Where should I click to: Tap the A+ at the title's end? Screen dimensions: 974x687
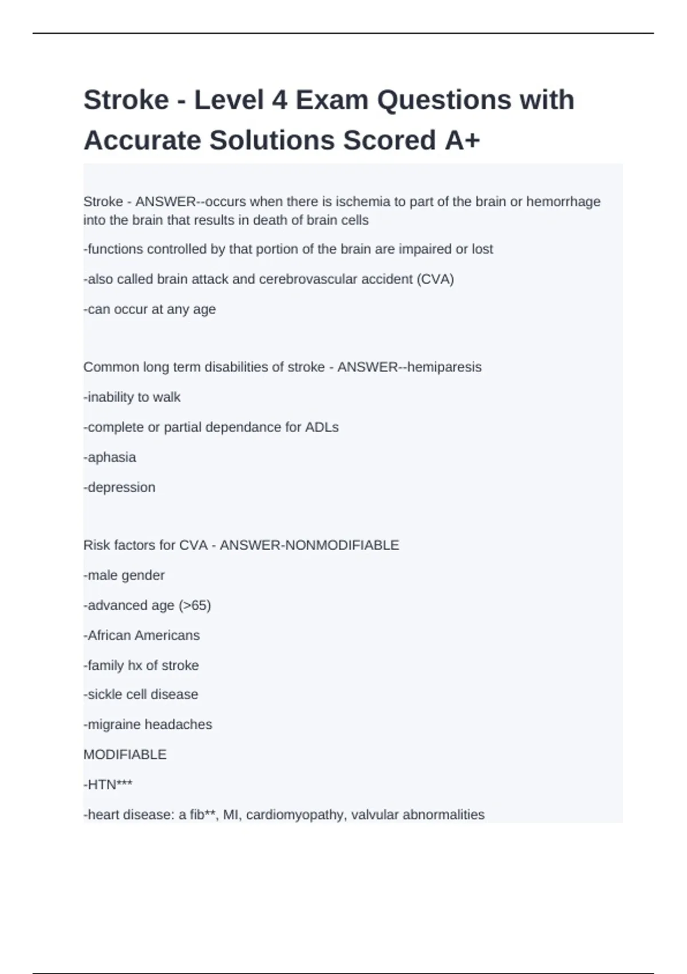(461, 141)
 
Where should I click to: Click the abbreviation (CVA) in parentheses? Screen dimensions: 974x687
(435, 280)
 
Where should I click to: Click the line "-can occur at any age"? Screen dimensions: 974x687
(149, 309)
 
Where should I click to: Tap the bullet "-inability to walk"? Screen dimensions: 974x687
(132, 397)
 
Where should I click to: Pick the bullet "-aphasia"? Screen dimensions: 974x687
(110, 457)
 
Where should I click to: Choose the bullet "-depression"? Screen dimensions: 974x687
(119, 488)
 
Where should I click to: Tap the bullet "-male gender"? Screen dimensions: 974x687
(124, 575)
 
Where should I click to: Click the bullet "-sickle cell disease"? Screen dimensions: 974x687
(141, 694)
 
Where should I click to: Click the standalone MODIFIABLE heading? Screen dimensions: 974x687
(125, 755)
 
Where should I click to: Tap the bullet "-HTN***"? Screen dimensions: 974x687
(108, 785)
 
